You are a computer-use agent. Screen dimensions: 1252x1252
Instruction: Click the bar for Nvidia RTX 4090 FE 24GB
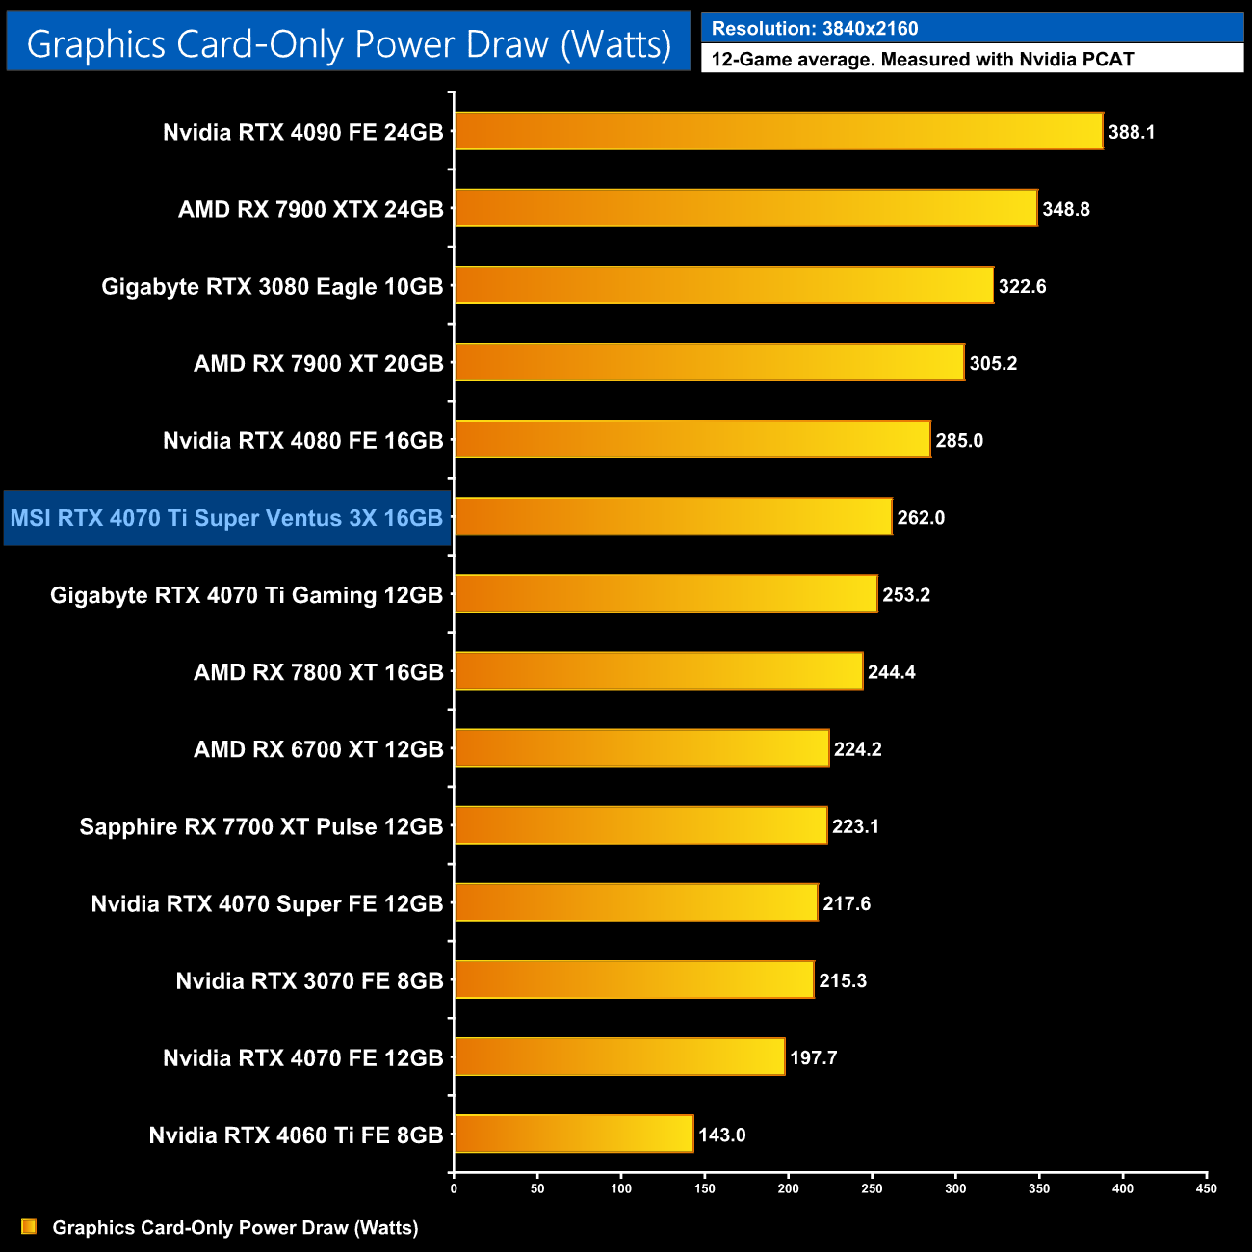[778, 131]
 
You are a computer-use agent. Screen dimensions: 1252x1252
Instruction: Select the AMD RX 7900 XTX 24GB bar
[745, 208]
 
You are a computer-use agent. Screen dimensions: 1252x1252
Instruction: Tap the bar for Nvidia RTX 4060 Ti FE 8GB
[574, 1134]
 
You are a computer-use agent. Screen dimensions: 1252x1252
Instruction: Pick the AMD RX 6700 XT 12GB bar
[641, 748]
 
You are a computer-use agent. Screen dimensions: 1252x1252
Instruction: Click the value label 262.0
[921, 518]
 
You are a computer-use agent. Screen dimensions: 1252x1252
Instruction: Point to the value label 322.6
[1022, 286]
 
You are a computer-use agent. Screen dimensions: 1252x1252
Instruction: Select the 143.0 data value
[722, 1135]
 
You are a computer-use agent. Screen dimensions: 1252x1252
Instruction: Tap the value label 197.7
[814, 1057]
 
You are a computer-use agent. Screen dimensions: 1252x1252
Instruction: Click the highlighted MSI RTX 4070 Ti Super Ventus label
[227, 518]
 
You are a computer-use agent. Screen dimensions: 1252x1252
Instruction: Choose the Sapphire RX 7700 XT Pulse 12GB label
[261, 826]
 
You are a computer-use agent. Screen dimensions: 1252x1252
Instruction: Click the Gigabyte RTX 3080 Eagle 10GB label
[273, 286]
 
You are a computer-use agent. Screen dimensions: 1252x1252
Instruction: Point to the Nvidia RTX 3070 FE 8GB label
[309, 980]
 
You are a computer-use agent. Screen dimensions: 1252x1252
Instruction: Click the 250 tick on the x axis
[872, 1188]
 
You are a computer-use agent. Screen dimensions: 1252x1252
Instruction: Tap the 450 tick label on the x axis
[1206, 1188]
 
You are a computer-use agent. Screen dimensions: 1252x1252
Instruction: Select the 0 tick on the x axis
[454, 1188]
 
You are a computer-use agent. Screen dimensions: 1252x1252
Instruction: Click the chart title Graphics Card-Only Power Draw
[349, 43]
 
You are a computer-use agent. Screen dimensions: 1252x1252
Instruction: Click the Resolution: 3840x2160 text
[815, 29]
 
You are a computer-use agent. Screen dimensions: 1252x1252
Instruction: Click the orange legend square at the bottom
[29, 1226]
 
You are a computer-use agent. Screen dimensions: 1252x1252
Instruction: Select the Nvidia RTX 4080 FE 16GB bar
[692, 440]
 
